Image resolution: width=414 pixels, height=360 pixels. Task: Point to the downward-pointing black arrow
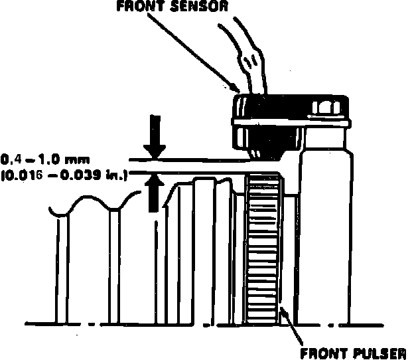(155, 137)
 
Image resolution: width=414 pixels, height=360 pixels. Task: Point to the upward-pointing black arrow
(155, 192)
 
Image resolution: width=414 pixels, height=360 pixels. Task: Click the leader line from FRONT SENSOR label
(192, 50)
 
